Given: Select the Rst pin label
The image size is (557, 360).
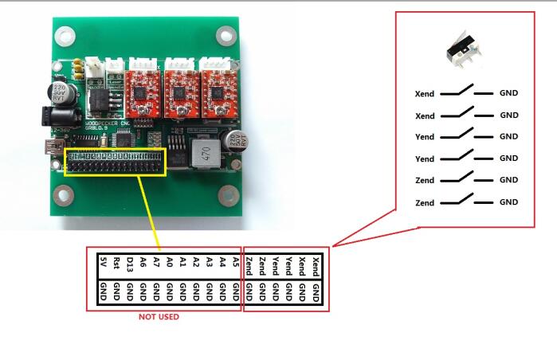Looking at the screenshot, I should click(x=117, y=261).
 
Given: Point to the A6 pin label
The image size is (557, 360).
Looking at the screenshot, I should click(x=143, y=261).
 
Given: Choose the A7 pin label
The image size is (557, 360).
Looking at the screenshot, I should click(x=156, y=261).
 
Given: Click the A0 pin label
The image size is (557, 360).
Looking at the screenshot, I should click(x=170, y=261).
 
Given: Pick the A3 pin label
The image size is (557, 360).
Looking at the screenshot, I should click(x=209, y=261).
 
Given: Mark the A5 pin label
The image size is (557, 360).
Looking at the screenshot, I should click(x=236, y=261).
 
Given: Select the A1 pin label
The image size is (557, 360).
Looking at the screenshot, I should click(x=182, y=261).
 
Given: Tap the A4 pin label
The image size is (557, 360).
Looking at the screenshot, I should click(x=222, y=261).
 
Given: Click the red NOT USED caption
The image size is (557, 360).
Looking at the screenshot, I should click(x=159, y=317).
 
